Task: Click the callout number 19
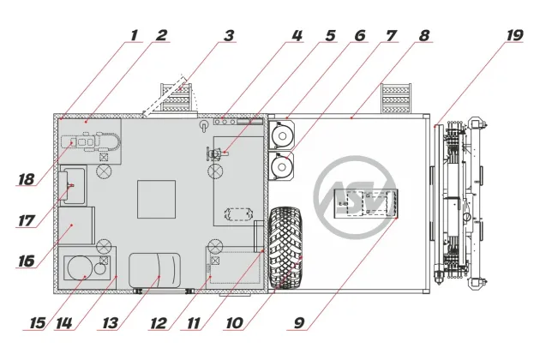tap(514, 35)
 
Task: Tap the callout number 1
tap(135, 35)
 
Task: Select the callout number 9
tap(299, 323)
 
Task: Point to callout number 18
tap(27, 179)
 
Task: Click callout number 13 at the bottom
tap(111, 323)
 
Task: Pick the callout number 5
tap(330, 35)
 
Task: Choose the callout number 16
tap(27, 261)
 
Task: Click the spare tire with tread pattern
tap(285, 248)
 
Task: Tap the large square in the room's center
tap(156, 199)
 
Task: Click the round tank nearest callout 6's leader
tap(281, 135)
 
